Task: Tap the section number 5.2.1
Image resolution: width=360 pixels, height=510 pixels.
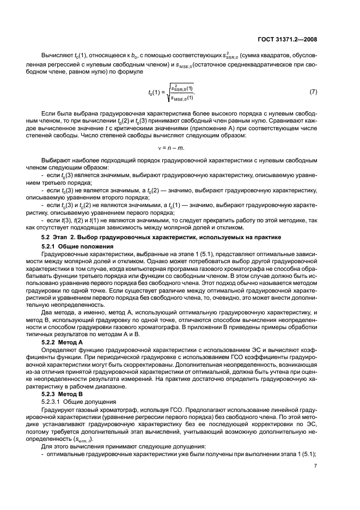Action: pos(52,247)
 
